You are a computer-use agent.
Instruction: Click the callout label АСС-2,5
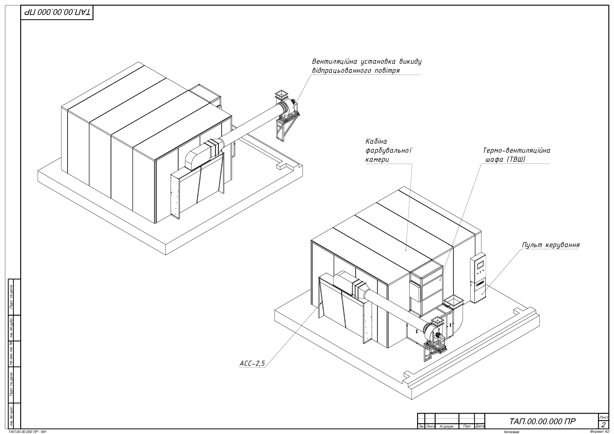click(252, 364)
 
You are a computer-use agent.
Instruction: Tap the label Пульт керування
click(551, 245)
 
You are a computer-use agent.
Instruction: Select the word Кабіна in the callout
click(376, 141)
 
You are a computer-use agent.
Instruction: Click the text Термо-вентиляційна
click(517, 151)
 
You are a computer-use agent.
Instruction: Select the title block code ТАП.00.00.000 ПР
click(542, 422)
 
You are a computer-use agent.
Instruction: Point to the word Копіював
click(511, 432)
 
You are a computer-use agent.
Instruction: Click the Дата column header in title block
click(480, 426)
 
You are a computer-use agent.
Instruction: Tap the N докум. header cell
click(447, 427)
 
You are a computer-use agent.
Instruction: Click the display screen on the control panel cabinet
click(480, 264)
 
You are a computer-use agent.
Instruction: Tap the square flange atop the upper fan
click(282, 94)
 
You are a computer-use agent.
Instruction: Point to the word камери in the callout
click(377, 160)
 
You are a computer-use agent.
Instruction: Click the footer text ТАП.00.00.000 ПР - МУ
click(28, 432)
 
